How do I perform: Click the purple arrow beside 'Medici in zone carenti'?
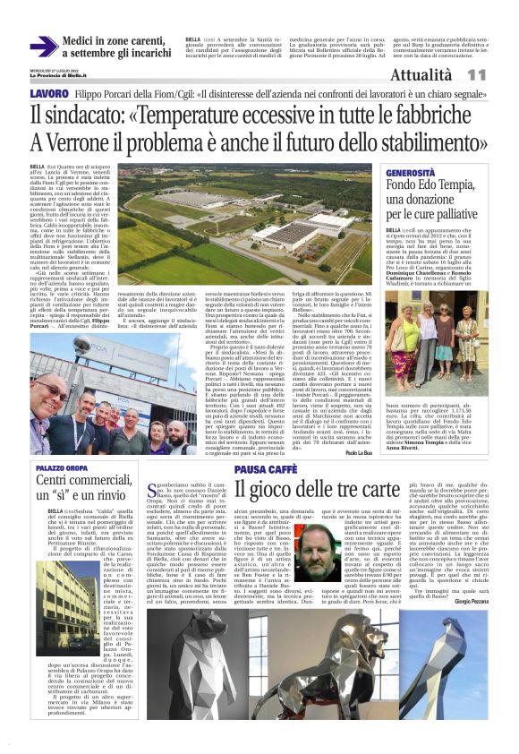click(44, 47)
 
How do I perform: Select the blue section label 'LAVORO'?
click(48, 93)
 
